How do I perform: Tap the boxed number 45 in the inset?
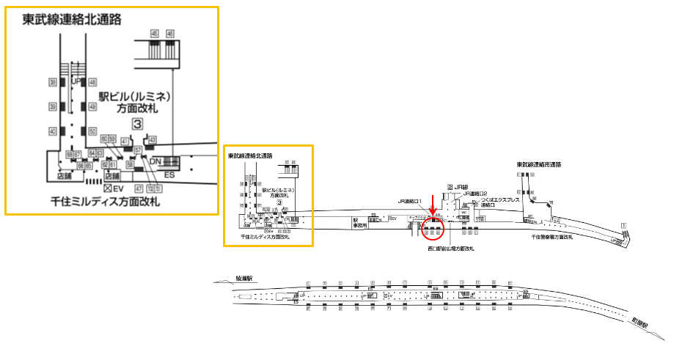click(154, 34)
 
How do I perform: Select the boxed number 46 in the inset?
click(170, 34)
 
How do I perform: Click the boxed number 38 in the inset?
click(53, 82)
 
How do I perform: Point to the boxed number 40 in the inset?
click(53, 131)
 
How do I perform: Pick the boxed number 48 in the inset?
click(92, 82)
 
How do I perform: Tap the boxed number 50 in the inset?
click(92, 131)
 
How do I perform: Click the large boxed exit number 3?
click(136, 124)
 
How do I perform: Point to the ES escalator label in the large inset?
click(169, 175)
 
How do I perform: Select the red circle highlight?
click(433, 231)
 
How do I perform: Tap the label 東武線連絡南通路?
click(538, 164)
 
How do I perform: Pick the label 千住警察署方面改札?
click(561, 237)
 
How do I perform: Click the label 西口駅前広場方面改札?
click(450, 249)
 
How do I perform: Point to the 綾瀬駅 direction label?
click(243, 279)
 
